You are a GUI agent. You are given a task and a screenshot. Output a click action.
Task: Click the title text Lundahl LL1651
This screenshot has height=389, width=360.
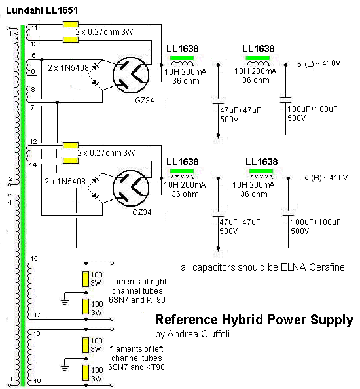(42, 10)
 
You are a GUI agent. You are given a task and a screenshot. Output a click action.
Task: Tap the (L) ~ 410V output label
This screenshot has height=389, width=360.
(322, 64)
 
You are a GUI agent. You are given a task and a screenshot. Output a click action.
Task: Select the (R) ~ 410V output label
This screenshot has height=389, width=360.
(329, 178)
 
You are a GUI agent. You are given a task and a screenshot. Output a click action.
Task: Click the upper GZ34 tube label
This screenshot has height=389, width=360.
(145, 101)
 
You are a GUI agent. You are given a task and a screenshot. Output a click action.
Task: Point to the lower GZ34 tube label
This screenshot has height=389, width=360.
(142, 212)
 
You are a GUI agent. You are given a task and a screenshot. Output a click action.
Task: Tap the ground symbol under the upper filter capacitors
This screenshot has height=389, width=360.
(218, 139)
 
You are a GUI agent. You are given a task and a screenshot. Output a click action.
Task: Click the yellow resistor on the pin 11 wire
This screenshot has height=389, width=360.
(71, 24)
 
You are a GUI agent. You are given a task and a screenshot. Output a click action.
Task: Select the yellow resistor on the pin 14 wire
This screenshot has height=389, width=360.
(71, 161)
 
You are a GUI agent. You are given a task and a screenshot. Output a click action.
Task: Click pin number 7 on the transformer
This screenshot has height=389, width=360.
(32, 108)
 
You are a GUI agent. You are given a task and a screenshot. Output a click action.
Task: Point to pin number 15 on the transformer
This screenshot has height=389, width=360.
(34, 259)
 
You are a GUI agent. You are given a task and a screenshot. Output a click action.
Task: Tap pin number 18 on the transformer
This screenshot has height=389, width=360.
(37, 381)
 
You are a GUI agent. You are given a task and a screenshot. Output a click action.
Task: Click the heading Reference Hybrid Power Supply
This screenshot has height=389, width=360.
(254, 320)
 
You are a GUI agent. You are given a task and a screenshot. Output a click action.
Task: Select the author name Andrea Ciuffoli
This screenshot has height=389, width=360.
(198, 334)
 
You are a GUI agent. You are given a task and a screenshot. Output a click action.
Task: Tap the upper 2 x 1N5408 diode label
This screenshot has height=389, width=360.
(68, 68)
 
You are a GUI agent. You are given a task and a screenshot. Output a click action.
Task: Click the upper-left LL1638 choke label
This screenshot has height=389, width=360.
(183, 49)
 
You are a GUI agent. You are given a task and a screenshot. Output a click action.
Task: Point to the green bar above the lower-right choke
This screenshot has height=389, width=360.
(261, 171)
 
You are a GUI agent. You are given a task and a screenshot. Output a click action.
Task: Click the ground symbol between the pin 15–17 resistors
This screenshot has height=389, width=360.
(65, 301)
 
